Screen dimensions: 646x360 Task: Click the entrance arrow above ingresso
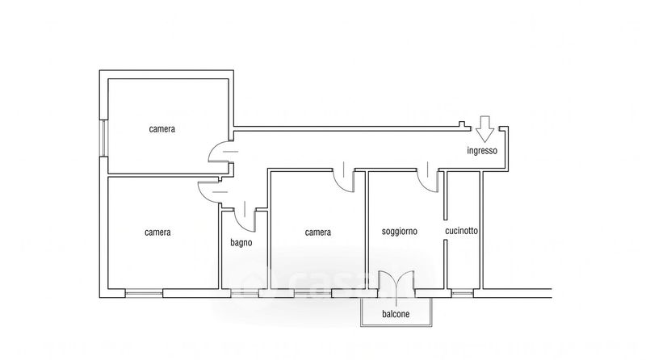click(485, 129)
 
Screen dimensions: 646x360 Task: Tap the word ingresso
click(482, 151)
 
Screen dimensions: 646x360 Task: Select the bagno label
click(241, 243)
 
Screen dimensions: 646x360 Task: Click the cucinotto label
click(461, 231)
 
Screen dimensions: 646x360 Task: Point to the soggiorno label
click(399, 232)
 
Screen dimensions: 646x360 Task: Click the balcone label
click(396, 314)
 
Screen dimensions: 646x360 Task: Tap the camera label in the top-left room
click(162, 129)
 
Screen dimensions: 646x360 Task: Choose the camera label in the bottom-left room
click(157, 232)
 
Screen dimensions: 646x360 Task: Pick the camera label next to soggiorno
click(318, 232)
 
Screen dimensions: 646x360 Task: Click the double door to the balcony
click(396, 283)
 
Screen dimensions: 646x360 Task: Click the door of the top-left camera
click(220, 152)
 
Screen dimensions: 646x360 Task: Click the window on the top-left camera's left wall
click(103, 138)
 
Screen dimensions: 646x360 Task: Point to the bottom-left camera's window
click(144, 293)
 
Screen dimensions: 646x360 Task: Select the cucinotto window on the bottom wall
click(462, 293)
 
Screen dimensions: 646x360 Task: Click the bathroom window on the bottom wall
click(245, 293)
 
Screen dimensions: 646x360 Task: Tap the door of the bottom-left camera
click(211, 192)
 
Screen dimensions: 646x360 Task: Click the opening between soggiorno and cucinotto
click(445, 230)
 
